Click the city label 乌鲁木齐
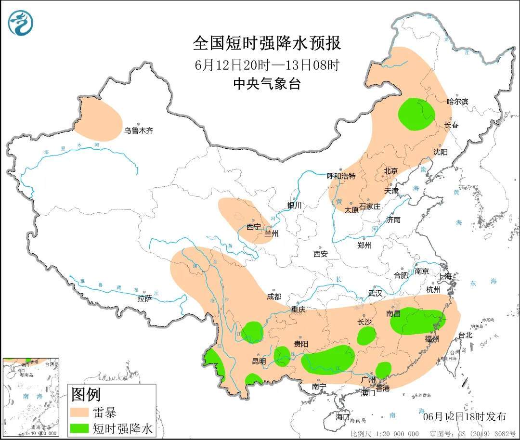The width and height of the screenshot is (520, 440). (139, 130)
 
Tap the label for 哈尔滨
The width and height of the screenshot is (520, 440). (457, 102)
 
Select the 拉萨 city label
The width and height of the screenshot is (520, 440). (144, 298)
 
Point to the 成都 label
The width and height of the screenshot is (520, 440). (274, 297)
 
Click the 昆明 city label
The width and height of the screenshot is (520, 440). (259, 361)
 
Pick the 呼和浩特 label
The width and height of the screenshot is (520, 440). (341, 176)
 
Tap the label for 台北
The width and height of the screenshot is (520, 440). (465, 335)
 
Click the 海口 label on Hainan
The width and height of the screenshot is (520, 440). (342, 416)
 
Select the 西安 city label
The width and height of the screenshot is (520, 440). (320, 253)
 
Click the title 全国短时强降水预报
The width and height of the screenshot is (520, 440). (267, 43)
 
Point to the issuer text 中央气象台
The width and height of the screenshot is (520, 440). (267, 84)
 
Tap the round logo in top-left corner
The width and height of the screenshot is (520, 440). (21, 23)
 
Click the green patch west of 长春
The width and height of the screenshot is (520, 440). (416, 114)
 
